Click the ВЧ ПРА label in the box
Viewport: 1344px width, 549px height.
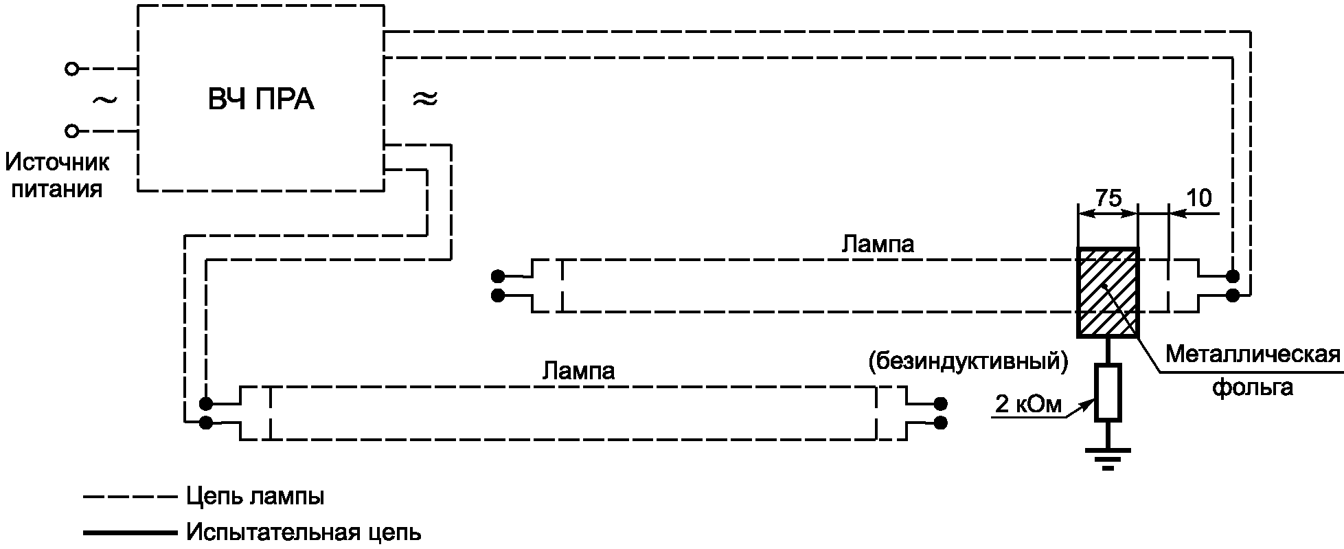(261, 100)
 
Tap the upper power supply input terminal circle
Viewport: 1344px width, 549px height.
(71, 69)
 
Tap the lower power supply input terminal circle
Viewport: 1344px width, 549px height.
(71, 131)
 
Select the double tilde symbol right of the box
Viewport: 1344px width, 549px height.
(424, 99)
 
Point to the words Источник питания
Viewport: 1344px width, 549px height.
(58, 176)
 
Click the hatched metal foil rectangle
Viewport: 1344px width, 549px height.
(1108, 293)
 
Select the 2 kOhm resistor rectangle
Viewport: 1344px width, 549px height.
(1108, 392)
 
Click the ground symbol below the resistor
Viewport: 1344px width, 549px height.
(1108, 458)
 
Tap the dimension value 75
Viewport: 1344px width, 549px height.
(1108, 198)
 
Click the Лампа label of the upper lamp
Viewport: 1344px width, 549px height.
(878, 244)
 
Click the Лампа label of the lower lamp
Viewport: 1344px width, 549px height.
(578, 371)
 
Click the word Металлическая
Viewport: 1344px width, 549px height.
(1253, 355)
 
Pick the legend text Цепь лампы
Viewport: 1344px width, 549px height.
(255, 497)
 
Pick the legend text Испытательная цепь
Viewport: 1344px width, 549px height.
(304, 533)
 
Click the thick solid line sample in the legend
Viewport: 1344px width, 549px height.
(128, 533)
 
